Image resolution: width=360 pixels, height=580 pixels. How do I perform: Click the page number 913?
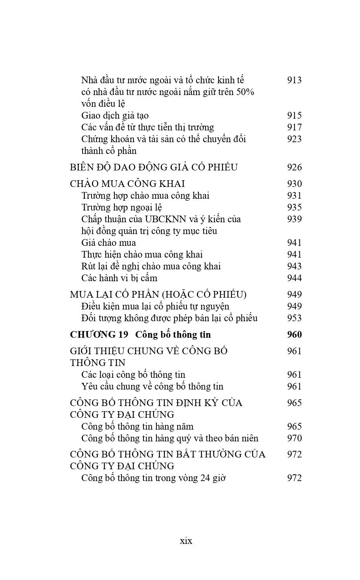[x=294, y=80]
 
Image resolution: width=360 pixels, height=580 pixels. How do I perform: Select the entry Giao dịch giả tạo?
[x=115, y=115]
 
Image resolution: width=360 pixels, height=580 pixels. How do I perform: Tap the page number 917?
[x=294, y=127]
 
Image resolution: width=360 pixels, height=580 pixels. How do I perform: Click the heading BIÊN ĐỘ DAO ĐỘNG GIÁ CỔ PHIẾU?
[x=154, y=167]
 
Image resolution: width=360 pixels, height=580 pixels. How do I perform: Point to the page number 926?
[x=294, y=167]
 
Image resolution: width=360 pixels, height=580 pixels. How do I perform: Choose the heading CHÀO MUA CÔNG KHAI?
[x=127, y=184]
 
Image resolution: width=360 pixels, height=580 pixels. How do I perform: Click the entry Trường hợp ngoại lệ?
[x=122, y=207]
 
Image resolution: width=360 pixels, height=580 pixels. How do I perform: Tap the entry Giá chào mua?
[x=108, y=243]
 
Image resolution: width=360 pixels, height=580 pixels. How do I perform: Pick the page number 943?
[x=294, y=266]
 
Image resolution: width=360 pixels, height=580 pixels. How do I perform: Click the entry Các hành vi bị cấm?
[x=119, y=278]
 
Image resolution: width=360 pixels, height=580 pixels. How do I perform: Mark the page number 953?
[x=294, y=318]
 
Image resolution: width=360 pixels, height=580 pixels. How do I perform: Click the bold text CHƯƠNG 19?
[x=99, y=335]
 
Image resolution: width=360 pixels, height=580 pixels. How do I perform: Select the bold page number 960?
[x=294, y=335]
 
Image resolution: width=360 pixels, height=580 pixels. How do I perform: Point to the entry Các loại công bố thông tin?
[x=133, y=375]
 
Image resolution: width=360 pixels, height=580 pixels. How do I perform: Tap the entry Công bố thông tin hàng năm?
[x=137, y=426]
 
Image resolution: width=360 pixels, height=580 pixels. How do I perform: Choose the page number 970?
[x=294, y=438]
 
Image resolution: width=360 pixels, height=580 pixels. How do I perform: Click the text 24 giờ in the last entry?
[x=214, y=478]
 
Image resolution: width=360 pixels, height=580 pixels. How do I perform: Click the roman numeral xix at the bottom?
[x=186, y=541]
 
